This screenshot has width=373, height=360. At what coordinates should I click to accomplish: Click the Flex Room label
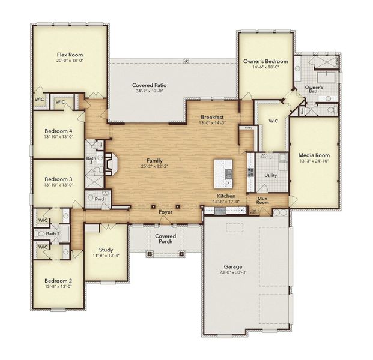70,53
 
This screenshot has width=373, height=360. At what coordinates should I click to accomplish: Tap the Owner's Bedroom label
265,61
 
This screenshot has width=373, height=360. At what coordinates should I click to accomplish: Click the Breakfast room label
212,117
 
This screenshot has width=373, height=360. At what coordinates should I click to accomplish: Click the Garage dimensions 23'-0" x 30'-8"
233,272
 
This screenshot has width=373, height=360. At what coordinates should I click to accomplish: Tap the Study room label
106,249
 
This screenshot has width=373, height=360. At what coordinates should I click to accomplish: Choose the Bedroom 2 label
58,280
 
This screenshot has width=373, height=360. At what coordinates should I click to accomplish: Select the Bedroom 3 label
58,179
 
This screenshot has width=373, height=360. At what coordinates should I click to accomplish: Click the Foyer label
165,212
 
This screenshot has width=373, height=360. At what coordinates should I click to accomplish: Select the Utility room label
270,175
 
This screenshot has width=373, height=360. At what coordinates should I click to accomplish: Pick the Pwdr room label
100,198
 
